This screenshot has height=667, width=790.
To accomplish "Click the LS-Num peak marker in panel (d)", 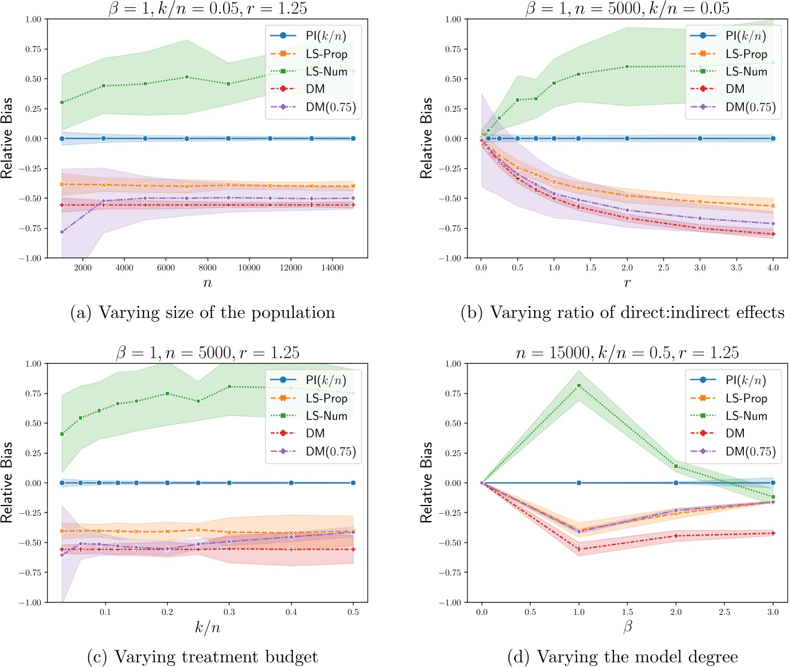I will [579, 385].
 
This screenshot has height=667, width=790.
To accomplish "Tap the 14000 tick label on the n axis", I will [332, 268].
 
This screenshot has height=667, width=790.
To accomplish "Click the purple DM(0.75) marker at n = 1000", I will [62, 232].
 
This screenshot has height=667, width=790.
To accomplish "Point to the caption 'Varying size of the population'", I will [202, 313].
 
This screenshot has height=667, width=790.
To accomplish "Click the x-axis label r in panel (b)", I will [627, 283].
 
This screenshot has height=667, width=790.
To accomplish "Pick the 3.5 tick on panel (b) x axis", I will [736, 268].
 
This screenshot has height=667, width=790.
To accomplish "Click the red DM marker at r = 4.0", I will [773, 234].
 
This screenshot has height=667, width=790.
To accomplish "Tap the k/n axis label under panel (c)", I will [208, 628].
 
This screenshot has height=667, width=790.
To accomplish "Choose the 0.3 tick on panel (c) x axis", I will [229, 612].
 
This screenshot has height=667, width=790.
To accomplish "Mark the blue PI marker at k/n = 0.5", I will [353, 483].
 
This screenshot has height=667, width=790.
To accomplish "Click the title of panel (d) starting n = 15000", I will [627, 353].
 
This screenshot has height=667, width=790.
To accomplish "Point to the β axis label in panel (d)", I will [627, 628].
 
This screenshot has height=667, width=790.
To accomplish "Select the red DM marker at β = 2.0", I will [676, 536].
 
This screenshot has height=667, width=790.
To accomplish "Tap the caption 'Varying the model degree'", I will [622, 657].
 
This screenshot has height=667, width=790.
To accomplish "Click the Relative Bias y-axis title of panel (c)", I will [7, 483].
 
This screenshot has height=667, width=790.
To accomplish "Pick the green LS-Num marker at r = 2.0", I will [627, 66].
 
